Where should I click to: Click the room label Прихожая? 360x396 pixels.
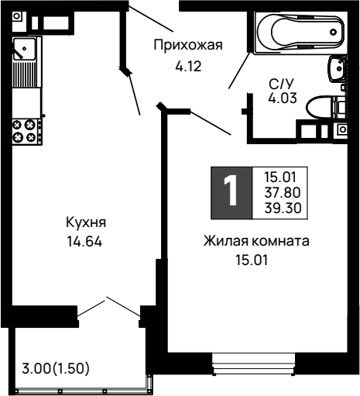tap(188, 45)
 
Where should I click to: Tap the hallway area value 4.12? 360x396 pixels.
tap(188, 67)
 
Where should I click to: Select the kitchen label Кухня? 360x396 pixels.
tap(86, 222)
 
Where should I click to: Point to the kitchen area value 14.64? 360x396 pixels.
tap(84, 242)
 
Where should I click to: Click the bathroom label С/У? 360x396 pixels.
tap(281, 84)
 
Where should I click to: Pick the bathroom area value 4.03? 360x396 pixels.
tap(283, 98)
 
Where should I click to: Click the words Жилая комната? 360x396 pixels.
tap(256, 241)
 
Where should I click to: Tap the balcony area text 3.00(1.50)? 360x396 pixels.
tap(56, 368)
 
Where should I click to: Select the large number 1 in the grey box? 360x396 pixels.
tap(231, 191)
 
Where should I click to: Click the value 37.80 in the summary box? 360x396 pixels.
tap(283, 192)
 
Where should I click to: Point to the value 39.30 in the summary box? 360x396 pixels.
tap(283, 208)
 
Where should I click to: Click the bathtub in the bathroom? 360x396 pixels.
tap(300, 33)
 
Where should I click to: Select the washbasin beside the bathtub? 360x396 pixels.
tap(337, 69)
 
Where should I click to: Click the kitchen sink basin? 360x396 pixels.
tap(24, 49)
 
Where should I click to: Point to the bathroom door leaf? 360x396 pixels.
tap(239, 71)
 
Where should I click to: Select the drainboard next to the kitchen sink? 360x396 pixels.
tap(26, 74)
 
